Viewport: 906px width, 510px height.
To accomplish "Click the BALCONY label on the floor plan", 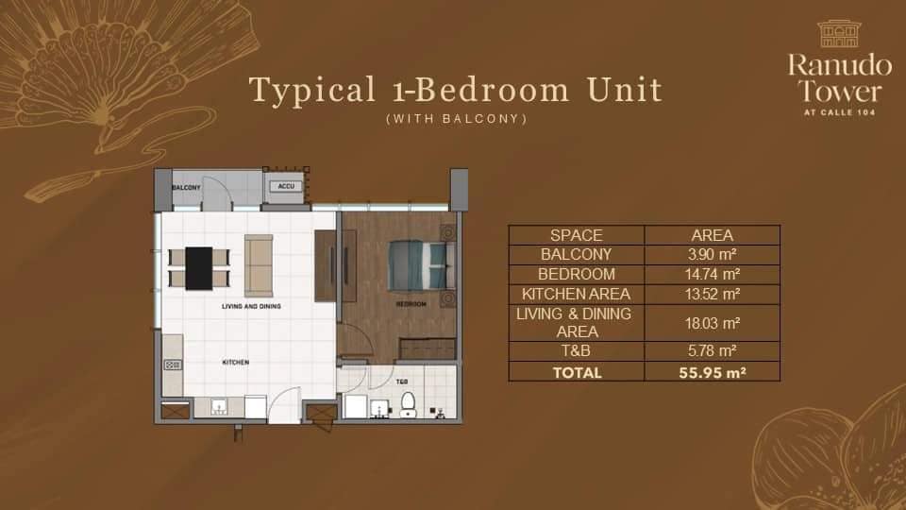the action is (x=186, y=187).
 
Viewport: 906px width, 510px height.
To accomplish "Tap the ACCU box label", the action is (x=286, y=186).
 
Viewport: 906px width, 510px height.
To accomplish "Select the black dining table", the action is (x=199, y=268).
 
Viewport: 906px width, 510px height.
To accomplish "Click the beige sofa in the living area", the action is (x=259, y=266).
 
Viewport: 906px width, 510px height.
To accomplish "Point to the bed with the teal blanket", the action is (x=421, y=265).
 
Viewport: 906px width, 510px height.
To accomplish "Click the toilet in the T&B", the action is (x=408, y=404).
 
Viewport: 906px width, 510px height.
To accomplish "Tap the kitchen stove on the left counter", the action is (x=173, y=365).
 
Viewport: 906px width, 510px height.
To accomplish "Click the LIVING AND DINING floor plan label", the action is (x=251, y=306).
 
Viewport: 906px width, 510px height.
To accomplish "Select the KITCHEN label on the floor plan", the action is (x=236, y=362).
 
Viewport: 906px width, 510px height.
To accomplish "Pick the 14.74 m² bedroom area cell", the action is (x=713, y=274).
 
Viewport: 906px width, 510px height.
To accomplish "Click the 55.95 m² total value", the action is (x=713, y=373).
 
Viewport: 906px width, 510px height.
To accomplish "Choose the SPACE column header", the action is (x=576, y=235).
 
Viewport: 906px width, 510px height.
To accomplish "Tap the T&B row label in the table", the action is (x=576, y=351).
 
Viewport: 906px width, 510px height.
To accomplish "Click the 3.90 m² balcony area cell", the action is (x=712, y=254).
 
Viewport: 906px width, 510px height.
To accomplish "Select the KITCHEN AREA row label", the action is (x=576, y=295).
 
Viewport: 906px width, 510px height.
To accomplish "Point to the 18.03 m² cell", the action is (x=713, y=323).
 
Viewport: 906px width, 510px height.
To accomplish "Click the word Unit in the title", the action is (x=625, y=91).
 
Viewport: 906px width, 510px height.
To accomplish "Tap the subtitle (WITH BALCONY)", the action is (x=457, y=119).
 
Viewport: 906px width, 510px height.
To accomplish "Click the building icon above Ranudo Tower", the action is (x=840, y=34).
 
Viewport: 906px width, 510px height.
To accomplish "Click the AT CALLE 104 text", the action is (x=840, y=112).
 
